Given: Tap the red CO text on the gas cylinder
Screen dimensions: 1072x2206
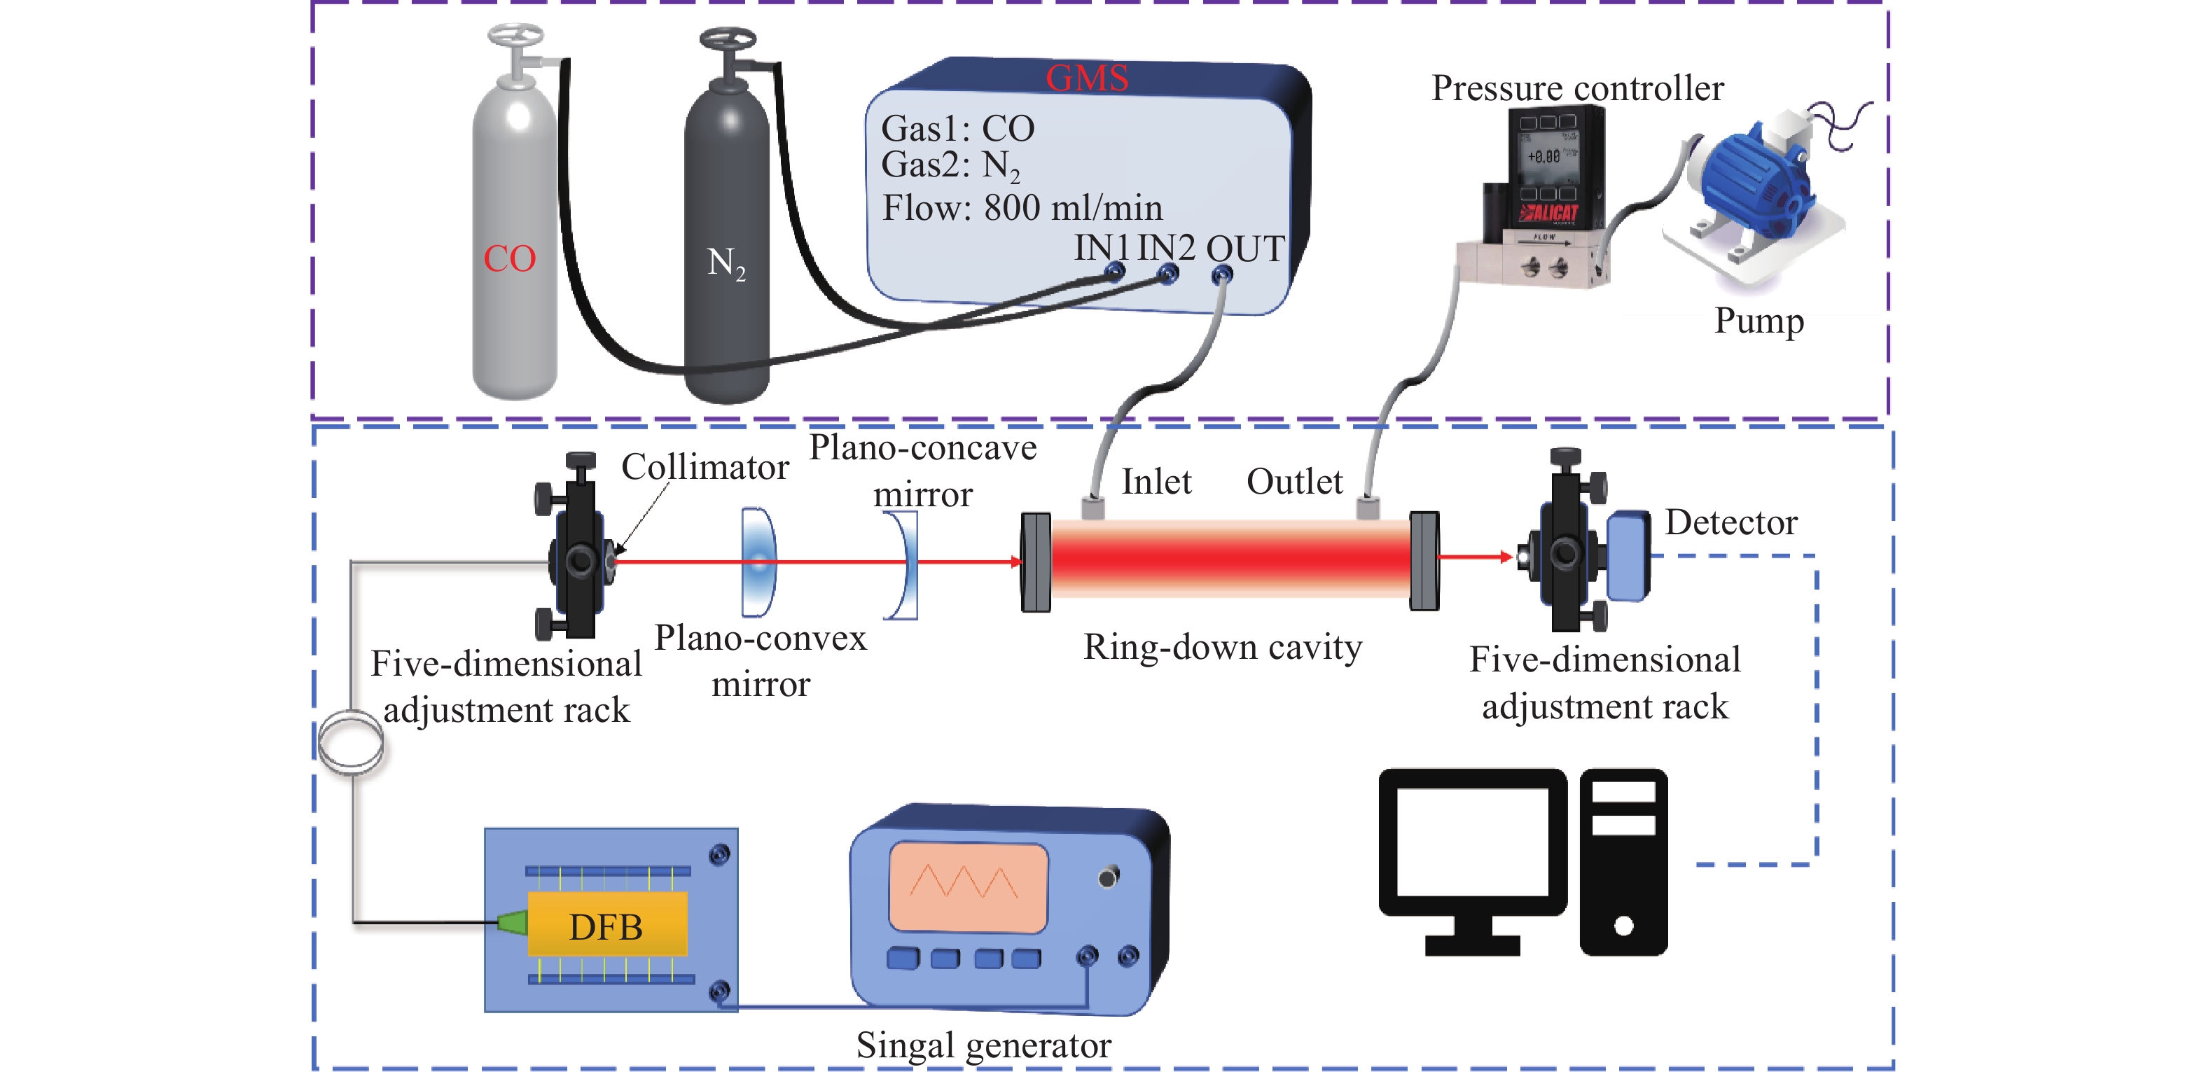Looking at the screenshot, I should click(x=510, y=258).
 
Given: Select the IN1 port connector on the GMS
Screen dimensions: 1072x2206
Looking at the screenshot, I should click(x=1114, y=272).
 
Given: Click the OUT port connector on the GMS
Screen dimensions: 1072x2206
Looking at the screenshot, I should click(x=1222, y=275).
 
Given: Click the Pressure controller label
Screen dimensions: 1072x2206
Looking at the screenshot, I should click(x=1577, y=88).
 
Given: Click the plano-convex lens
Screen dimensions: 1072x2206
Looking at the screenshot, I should click(x=758, y=562).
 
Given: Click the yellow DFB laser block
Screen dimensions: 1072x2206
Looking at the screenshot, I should click(x=607, y=925).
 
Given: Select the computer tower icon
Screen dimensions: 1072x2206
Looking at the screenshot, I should click(x=1623, y=861).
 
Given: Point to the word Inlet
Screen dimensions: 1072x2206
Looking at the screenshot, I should click(x=1156, y=482).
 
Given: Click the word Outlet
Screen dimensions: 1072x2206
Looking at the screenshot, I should click(x=1294, y=482).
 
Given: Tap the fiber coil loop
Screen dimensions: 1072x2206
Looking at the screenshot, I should click(x=350, y=742).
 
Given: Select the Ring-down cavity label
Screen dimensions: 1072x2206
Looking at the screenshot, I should click(x=1222, y=647).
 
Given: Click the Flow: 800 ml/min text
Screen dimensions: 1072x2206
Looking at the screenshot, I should click(x=1022, y=208).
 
